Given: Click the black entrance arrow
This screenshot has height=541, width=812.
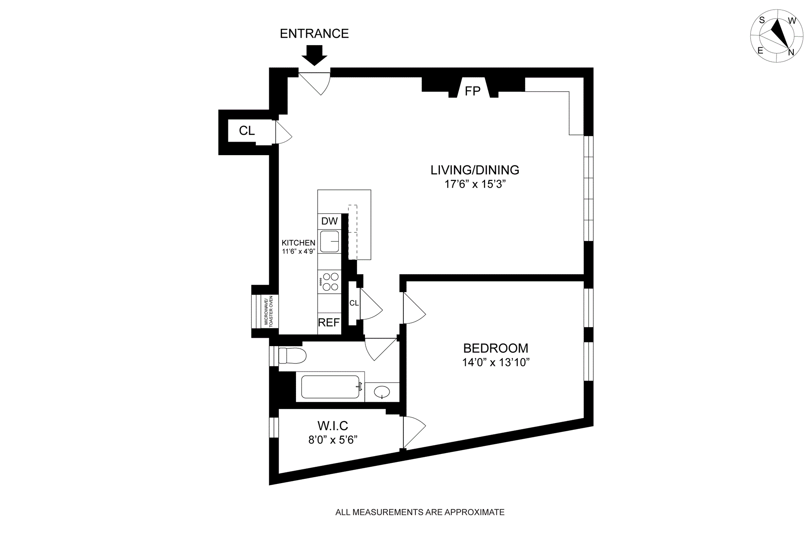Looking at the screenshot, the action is pyautogui.click(x=314, y=55).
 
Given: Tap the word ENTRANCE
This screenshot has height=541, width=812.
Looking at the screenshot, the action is pyautogui.click(x=314, y=34).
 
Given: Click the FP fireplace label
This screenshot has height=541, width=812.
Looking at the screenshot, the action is pyautogui.click(x=472, y=91).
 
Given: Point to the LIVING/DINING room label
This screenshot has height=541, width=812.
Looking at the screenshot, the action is pyautogui.click(x=475, y=170).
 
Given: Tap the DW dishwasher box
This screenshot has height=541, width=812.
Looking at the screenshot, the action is pyautogui.click(x=329, y=221).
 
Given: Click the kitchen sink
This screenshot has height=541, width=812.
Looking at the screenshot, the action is pyautogui.click(x=330, y=242).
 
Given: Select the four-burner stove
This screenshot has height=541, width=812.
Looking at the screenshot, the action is pyautogui.click(x=330, y=282).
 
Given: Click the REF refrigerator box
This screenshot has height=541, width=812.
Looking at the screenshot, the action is pyautogui.click(x=329, y=323).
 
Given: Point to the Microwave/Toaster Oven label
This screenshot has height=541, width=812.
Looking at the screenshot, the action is pyautogui.click(x=269, y=311).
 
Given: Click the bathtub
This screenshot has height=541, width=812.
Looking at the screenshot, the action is pyautogui.click(x=332, y=387).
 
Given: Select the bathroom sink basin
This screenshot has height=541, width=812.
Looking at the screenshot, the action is pyautogui.click(x=382, y=392).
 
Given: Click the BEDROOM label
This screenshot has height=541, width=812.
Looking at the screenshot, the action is pyautogui.click(x=496, y=348).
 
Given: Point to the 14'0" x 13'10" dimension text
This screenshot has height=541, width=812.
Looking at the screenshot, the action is pyautogui.click(x=496, y=363).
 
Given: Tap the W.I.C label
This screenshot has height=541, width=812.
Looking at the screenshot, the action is pyautogui.click(x=332, y=426).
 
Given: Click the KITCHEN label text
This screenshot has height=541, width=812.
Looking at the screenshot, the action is pyautogui.click(x=299, y=243).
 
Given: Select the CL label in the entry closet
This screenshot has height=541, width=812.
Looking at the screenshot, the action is pyautogui.click(x=247, y=131).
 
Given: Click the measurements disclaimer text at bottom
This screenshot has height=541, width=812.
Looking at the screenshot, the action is pyautogui.click(x=420, y=512).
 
